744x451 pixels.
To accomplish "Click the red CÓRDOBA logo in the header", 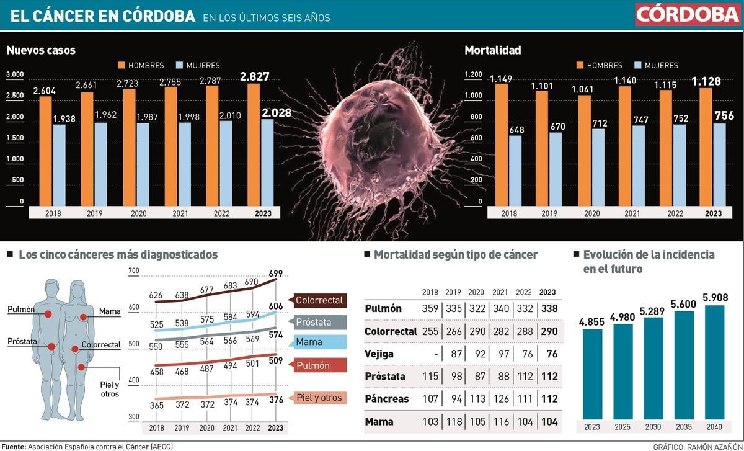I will pyautogui.click(x=687, y=14).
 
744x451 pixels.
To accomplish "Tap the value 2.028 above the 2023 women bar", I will pyautogui.click(x=276, y=113).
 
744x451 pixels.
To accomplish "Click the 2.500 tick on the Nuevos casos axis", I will pyautogui.click(x=15, y=96).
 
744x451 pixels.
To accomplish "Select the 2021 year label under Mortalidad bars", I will pyautogui.click(x=632, y=213).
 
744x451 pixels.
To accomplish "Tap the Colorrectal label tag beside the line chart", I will pyautogui.click(x=319, y=300).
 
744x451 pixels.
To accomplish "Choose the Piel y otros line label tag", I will pyautogui.click(x=319, y=398).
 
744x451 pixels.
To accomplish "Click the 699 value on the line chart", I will pyautogui.click(x=276, y=274).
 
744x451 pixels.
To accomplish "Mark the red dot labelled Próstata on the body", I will pyautogui.click(x=51, y=347).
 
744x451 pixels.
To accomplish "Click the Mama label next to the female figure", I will pyautogui.click(x=110, y=311).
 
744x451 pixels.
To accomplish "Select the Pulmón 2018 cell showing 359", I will pyautogui.click(x=430, y=308).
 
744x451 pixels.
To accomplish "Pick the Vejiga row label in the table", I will pyautogui.click(x=379, y=354).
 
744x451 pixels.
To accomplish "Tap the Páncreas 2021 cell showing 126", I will pyautogui.click(x=500, y=398).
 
